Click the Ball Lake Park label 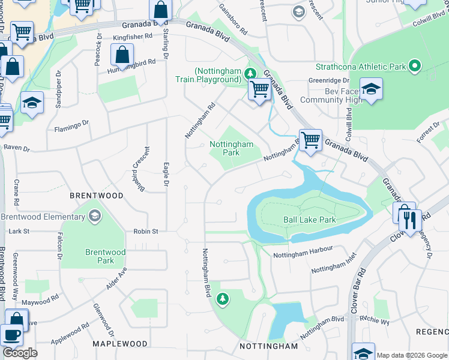[x=309, y=220]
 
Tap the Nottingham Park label [x=231, y=148]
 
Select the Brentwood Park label [x=105, y=256]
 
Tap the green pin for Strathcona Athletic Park [x=414, y=67]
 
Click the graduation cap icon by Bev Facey [x=372, y=90]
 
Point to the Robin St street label [x=146, y=231]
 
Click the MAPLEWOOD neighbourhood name [x=120, y=344]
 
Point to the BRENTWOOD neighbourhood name [x=97, y=196]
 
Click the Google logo [x=20, y=353]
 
